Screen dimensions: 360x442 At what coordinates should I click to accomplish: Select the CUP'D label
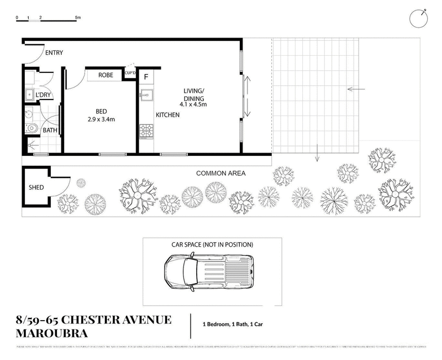click(x=130, y=72)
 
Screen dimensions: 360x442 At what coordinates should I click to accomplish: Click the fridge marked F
click(x=146, y=76)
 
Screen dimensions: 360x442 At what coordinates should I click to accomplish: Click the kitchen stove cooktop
click(x=146, y=131)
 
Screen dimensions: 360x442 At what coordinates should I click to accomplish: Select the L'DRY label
click(x=43, y=96)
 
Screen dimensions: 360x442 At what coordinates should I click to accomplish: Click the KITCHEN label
click(x=167, y=116)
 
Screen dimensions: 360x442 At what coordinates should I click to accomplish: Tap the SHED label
click(x=36, y=187)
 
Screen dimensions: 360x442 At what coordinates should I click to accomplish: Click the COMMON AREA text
click(x=221, y=173)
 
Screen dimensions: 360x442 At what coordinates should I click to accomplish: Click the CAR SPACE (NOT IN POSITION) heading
click(x=212, y=244)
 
